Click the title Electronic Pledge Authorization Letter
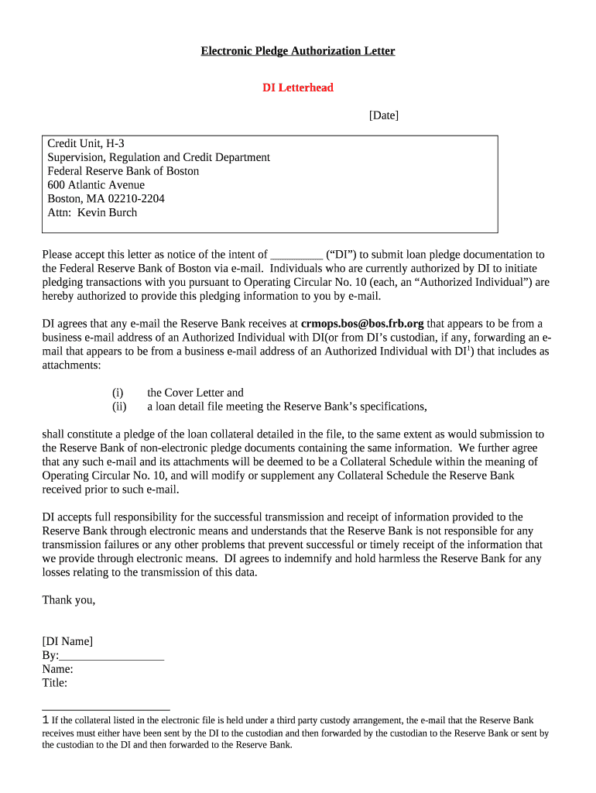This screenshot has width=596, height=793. (298, 51)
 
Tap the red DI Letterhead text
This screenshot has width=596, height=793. (298, 88)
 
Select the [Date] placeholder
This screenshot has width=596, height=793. (383, 115)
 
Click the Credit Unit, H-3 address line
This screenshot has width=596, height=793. (86, 143)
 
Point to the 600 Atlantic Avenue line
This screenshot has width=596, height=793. (96, 185)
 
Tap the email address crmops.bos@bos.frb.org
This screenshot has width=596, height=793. (362, 324)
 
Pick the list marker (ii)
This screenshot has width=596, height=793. (119, 407)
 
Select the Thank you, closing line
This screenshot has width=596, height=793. (68, 599)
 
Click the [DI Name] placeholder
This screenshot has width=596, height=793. (67, 641)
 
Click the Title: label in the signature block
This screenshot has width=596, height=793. (54, 683)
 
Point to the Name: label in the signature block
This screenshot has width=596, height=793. (57, 669)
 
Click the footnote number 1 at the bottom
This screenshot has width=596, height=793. (45, 720)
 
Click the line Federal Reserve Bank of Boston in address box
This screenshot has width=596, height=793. (123, 171)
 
